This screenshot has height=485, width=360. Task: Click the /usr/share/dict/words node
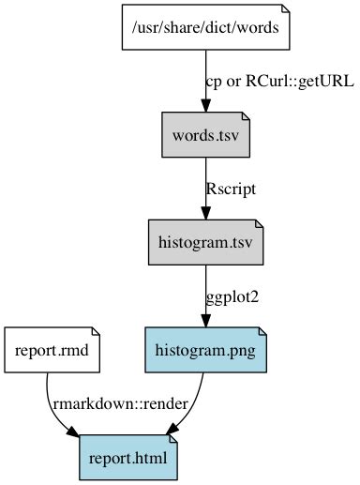(x=205, y=27)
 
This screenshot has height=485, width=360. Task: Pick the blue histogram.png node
(x=205, y=351)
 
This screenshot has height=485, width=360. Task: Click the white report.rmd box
(x=52, y=351)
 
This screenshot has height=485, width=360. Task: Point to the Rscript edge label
(x=231, y=189)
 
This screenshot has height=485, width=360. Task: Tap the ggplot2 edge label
(x=232, y=296)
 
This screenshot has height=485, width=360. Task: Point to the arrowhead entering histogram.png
(x=205, y=321)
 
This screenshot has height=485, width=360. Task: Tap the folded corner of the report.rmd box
(x=96, y=331)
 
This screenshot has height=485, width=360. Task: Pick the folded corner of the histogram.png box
(x=263, y=331)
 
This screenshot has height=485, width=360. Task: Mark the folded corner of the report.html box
(x=172, y=439)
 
